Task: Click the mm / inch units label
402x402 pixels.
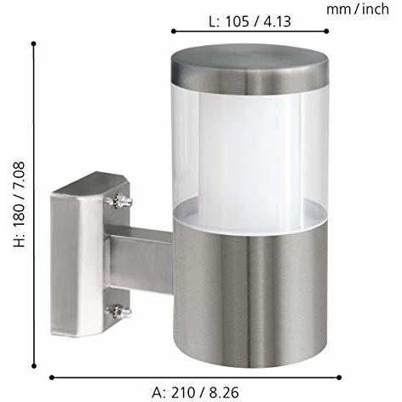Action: click(358, 9)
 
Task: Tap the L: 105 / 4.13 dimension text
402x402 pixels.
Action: click(250, 21)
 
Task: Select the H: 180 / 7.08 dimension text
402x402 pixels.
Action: click(20, 204)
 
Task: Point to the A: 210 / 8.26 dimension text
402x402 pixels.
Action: click(195, 393)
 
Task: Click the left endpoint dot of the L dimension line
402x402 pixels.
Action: click(174, 32)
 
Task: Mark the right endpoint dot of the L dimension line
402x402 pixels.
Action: click(326, 32)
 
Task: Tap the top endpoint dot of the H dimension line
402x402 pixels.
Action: click(34, 43)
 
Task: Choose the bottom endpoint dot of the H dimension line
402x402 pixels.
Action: click(34, 366)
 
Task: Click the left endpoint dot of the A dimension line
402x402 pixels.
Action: click(52, 377)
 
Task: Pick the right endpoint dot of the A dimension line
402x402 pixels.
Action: click(339, 377)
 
